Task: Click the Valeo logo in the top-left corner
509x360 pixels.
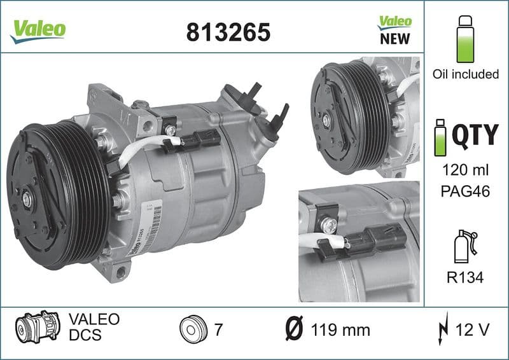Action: (x=37, y=29)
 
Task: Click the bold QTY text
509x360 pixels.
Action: (x=475, y=135)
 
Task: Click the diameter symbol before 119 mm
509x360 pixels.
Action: (x=295, y=329)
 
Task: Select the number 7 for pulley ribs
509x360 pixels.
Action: (x=219, y=329)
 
